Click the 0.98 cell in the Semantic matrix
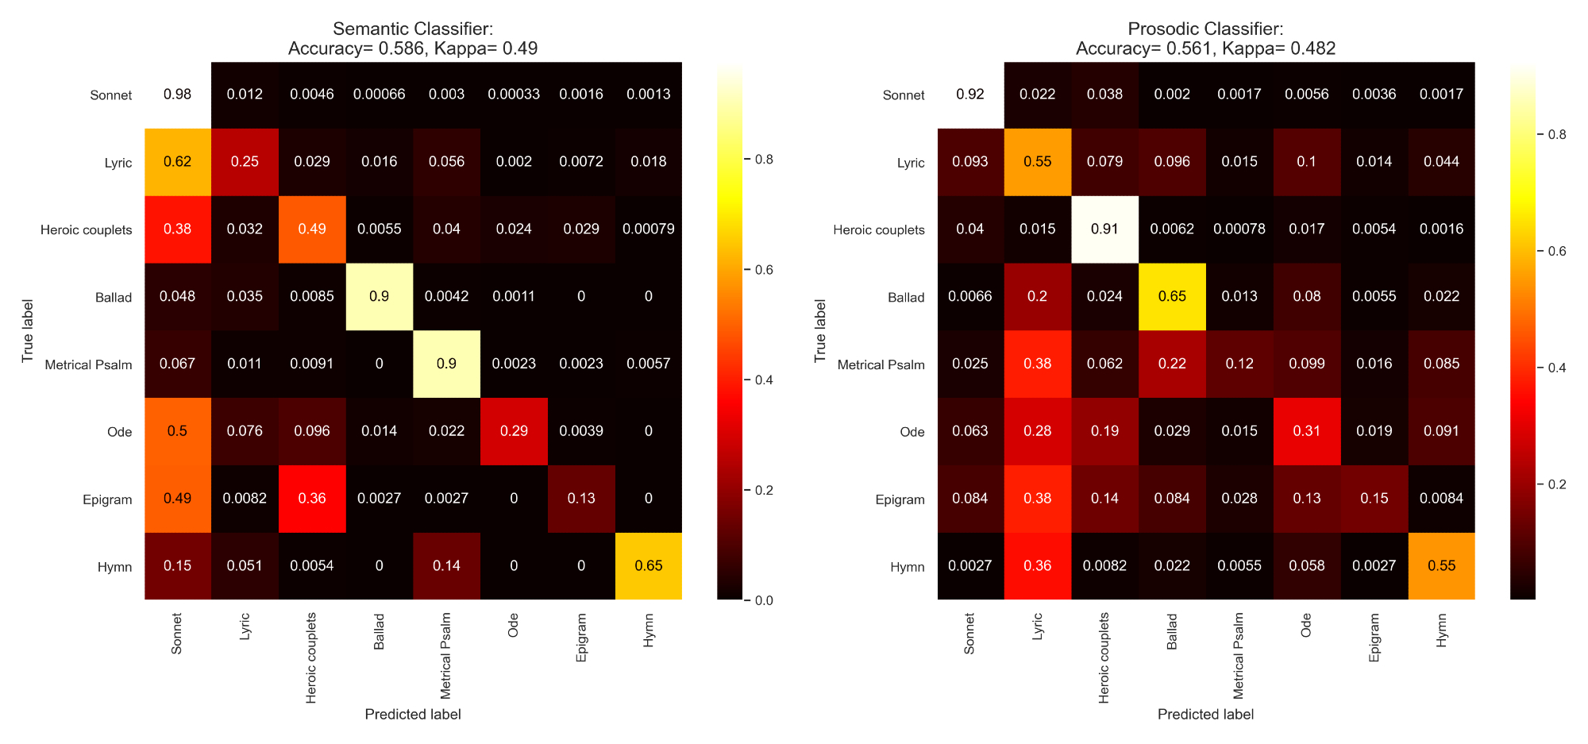click(x=177, y=94)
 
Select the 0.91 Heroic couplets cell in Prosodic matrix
click(x=1104, y=229)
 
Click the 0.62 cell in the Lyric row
click(x=177, y=162)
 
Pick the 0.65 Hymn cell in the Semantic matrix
click(x=649, y=566)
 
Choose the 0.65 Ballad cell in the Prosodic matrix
click(x=1172, y=296)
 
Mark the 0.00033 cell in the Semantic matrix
click(x=514, y=94)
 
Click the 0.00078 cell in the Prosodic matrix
click(x=1239, y=229)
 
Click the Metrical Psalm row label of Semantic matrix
click(x=88, y=365)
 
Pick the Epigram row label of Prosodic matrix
click(x=900, y=499)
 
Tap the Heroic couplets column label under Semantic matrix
click(x=311, y=657)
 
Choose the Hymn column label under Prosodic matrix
click(x=1442, y=630)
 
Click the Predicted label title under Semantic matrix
click(x=413, y=714)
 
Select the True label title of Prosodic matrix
click(x=820, y=331)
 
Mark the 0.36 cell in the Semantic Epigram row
click(x=312, y=499)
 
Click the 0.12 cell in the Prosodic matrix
click(x=1239, y=364)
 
